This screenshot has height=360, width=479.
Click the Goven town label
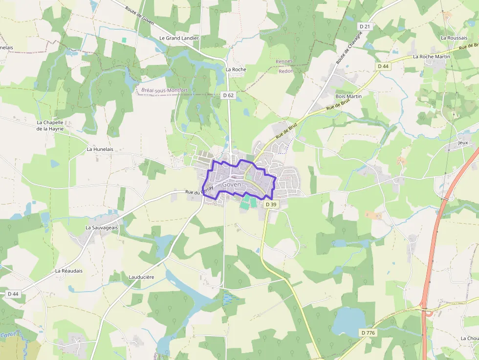tap(231, 185)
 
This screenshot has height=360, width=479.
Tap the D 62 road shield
tap(228, 96)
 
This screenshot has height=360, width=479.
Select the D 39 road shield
tap(271, 205)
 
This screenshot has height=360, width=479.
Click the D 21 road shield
tap(365, 26)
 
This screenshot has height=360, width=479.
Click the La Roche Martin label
tap(431, 57)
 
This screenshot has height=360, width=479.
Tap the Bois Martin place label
tap(348, 97)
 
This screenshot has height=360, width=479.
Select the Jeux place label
tap(463, 143)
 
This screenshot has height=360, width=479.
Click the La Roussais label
tap(454, 38)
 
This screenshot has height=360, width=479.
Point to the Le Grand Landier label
tap(179, 38)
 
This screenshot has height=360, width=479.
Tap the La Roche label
tap(236, 69)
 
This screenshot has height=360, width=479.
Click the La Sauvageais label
tap(102, 228)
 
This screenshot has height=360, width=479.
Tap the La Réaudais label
tap(69, 271)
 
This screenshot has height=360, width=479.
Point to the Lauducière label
tap(141, 277)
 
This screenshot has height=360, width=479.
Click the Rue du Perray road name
tap(200, 191)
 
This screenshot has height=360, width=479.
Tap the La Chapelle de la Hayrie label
tap(50, 126)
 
